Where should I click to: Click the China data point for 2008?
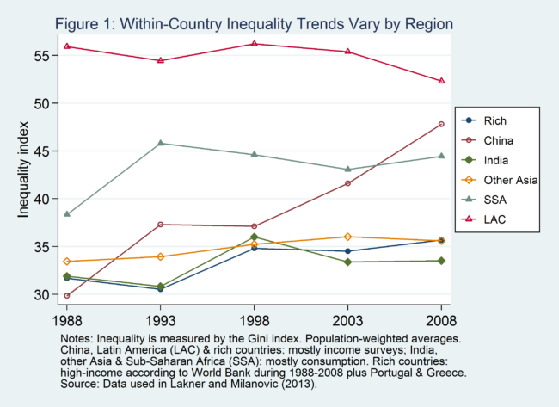pyautogui.click(x=441, y=124)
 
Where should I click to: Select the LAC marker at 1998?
pyautogui.click(x=254, y=43)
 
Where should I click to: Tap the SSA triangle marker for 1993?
pyautogui.click(x=160, y=143)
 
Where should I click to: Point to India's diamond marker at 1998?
pyautogui.click(x=254, y=237)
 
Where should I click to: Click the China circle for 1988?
pyautogui.click(x=67, y=295)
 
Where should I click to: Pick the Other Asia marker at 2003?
pyautogui.click(x=347, y=237)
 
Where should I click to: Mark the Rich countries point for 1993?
pyautogui.click(x=160, y=288)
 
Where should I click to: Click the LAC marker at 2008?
pyautogui.click(x=441, y=81)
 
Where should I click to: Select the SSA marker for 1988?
pyautogui.click(x=67, y=214)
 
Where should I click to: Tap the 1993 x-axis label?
pyautogui.click(x=160, y=320)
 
